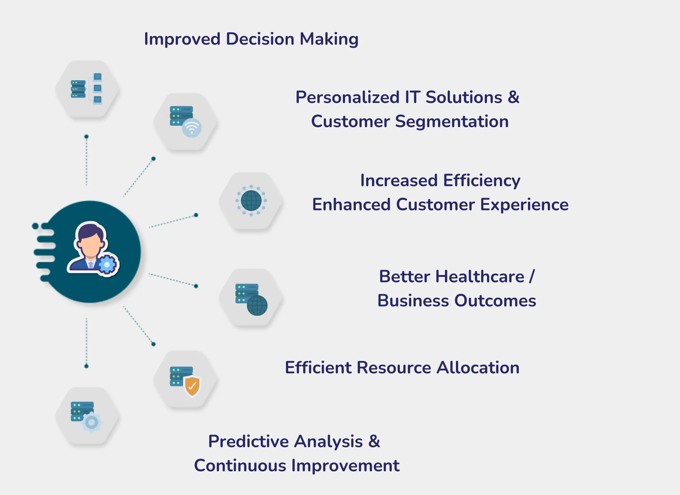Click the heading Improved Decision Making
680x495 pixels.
(x=251, y=39)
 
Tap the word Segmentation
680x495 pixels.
(x=452, y=122)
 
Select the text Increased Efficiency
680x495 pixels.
(x=440, y=180)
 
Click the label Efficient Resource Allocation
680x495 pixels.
(x=402, y=368)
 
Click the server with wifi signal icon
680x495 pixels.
(x=185, y=122)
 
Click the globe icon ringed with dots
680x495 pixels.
(x=251, y=201)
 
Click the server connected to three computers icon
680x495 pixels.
(x=86, y=89)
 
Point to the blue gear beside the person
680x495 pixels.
(x=107, y=265)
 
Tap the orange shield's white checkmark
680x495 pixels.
(x=192, y=386)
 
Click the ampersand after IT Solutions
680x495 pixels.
(x=514, y=97)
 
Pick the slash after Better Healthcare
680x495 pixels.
(x=532, y=276)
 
